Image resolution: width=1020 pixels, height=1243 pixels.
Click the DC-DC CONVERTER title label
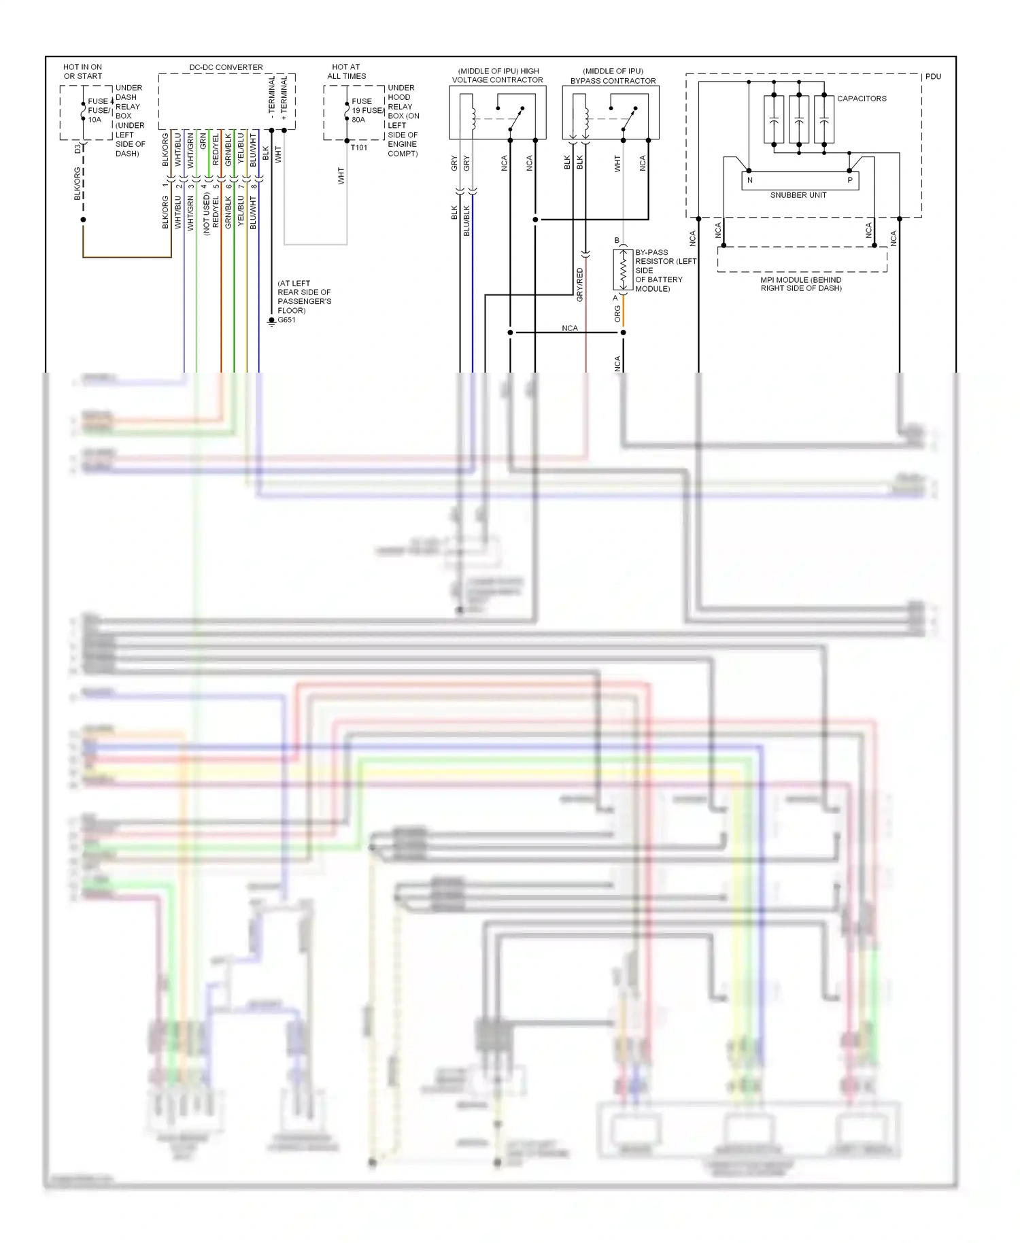[x=226, y=67]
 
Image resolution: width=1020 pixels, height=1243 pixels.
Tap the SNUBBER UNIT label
[x=798, y=195]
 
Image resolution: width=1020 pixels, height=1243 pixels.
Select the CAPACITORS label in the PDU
[x=862, y=99]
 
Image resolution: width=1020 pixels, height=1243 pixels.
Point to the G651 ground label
[x=286, y=320]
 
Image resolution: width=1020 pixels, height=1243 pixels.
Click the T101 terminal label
[x=358, y=148]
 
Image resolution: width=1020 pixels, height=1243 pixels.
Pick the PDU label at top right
[x=933, y=77]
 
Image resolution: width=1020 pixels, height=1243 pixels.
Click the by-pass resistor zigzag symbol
[x=623, y=269]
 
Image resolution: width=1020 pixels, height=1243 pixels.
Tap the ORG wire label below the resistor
[x=617, y=313]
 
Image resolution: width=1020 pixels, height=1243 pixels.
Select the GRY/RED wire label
[x=580, y=284]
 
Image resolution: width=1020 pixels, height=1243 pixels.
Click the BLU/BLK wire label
[x=466, y=221]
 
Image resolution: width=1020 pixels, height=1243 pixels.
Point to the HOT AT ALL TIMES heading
[x=346, y=71]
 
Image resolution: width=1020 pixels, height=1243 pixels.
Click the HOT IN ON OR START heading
[x=82, y=71]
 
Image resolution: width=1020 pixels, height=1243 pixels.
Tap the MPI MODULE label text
[x=800, y=284]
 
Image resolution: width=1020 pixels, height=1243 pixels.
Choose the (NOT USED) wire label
[x=206, y=214]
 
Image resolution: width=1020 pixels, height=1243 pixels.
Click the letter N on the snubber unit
[x=750, y=180]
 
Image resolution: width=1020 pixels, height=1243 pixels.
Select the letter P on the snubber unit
[x=849, y=180]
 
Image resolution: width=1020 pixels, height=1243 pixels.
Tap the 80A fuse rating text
[x=358, y=120]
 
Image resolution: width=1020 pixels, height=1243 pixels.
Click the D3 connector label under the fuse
[x=78, y=148]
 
